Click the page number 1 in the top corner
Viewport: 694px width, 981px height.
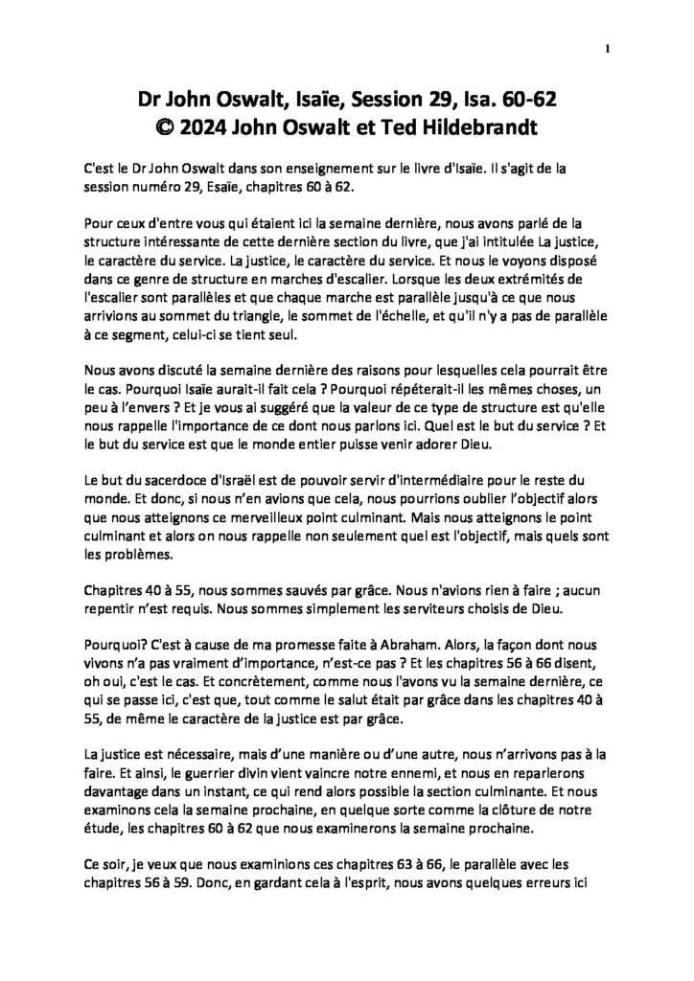608,50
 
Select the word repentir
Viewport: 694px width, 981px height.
113,573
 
